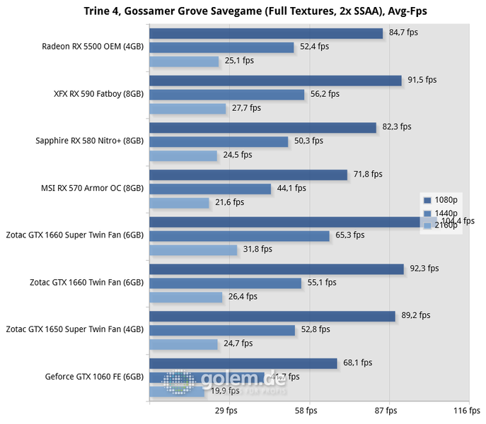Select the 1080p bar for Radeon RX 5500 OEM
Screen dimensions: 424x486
[266, 33]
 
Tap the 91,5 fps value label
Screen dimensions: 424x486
[422, 80]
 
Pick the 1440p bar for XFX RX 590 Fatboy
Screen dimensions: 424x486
[226, 94]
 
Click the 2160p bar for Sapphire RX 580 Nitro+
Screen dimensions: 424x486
[183, 155]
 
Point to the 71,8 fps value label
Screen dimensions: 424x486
[368, 174]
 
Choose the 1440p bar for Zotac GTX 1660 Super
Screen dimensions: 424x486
[240, 235]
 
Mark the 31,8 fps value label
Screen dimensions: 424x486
[258, 249]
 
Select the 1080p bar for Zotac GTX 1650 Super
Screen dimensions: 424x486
[272, 315]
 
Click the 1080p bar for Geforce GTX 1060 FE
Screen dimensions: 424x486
[243, 363]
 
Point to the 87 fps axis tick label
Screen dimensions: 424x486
[386, 411]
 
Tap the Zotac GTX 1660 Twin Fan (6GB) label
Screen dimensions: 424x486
[87, 282]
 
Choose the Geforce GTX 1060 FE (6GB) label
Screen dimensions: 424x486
[94, 377]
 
